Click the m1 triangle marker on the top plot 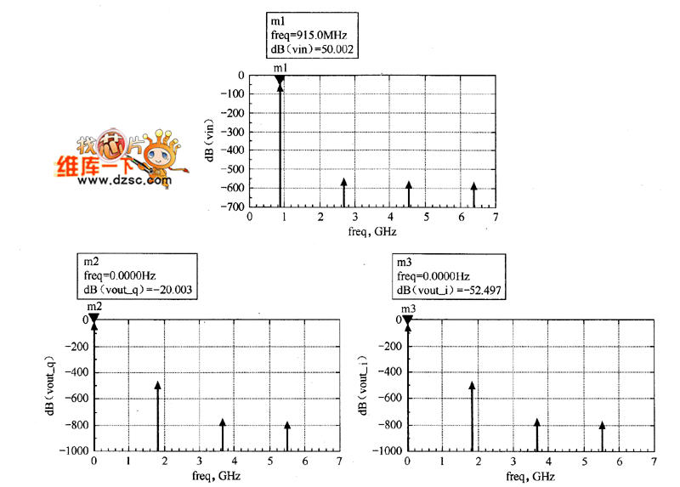tap(279, 81)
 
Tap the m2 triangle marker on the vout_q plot tap(94, 320)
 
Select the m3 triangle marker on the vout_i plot tap(408, 320)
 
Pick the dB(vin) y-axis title tap(209, 140)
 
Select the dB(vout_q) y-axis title tap(53, 384)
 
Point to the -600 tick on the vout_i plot tap(390, 399)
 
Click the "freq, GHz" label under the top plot tap(372, 231)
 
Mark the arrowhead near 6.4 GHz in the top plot tap(474, 186)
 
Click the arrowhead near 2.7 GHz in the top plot tap(343, 182)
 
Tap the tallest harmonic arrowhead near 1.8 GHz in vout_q tap(157, 385)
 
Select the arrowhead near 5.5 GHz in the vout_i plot tap(602, 425)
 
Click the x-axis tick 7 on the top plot tap(496, 218)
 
